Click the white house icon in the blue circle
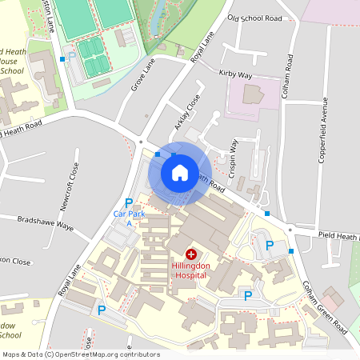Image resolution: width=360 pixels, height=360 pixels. (x=179, y=172)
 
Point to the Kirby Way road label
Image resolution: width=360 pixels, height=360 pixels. (x=235, y=74)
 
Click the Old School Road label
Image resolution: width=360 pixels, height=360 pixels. (x=254, y=18)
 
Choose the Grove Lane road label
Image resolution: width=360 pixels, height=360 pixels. (x=142, y=74)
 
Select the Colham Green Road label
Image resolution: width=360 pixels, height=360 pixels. (x=324, y=306)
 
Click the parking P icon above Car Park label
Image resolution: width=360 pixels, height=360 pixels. (x=128, y=203)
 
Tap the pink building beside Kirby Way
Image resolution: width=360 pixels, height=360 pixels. (x=251, y=98)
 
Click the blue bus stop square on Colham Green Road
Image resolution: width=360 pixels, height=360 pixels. (x=291, y=251)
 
